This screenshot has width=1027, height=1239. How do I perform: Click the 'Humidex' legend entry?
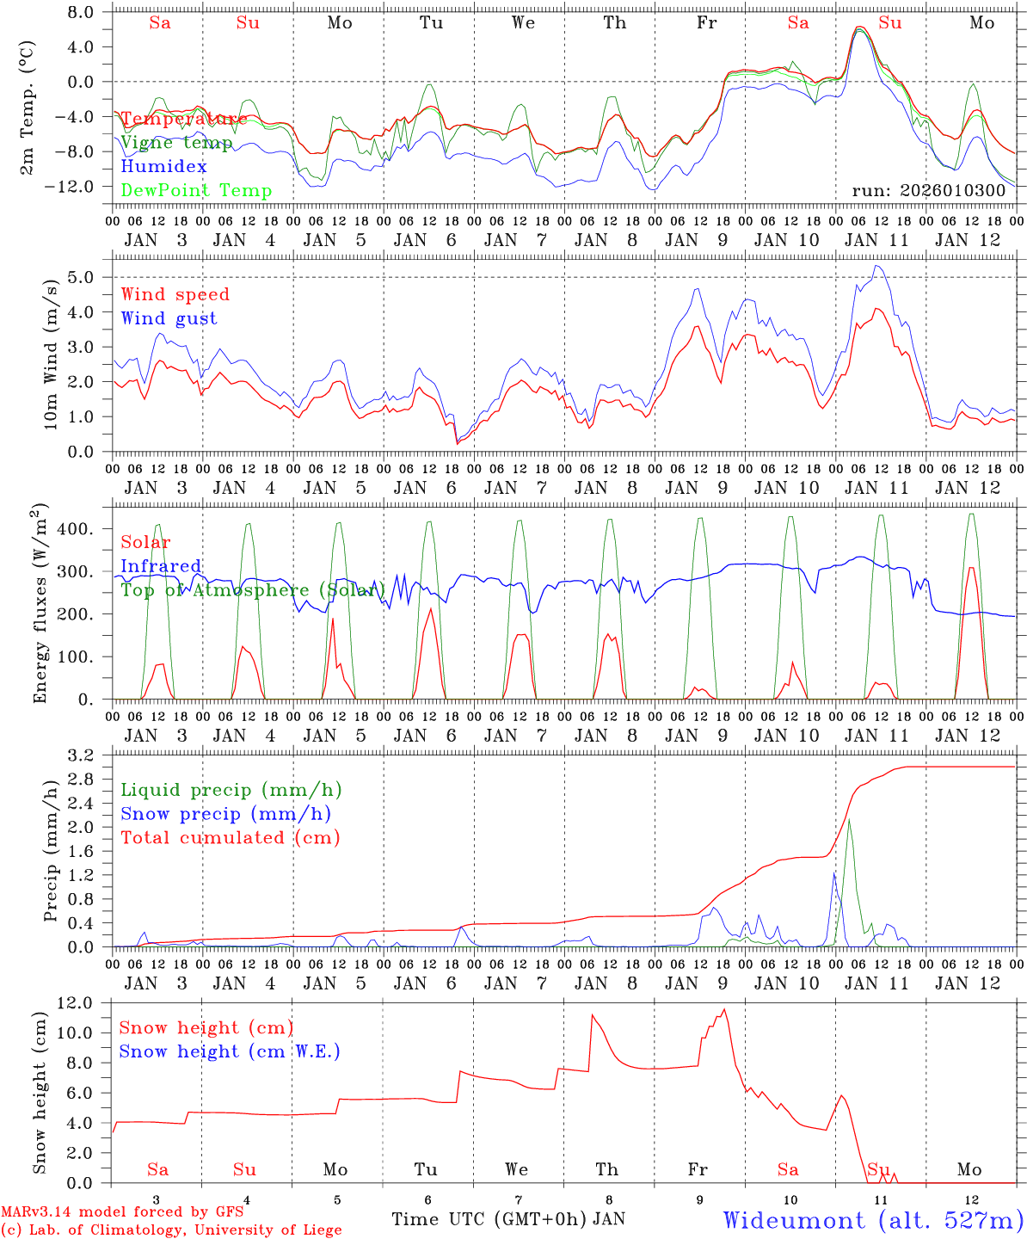[x=163, y=167]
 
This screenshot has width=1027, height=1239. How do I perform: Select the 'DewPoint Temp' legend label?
[x=196, y=191]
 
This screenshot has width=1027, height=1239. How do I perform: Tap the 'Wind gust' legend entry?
[x=169, y=318]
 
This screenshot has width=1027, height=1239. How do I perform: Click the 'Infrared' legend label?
[x=161, y=566]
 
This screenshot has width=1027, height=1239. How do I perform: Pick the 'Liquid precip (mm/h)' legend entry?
[x=231, y=790]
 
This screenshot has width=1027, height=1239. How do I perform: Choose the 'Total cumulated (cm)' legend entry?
[x=230, y=837]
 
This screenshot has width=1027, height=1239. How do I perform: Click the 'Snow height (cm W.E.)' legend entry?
[x=229, y=1051]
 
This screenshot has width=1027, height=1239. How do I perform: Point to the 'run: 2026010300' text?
[x=928, y=191]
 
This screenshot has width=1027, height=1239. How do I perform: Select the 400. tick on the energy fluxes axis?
[x=74, y=528]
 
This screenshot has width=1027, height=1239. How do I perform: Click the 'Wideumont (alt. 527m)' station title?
[x=872, y=1220]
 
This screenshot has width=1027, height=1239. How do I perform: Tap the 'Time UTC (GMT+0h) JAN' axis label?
[x=507, y=1219]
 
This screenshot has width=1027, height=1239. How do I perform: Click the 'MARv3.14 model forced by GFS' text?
[x=121, y=1212]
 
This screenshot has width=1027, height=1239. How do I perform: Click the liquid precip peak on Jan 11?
[x=849, y=819]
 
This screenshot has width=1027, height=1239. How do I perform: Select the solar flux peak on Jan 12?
[x=971, y=568]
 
